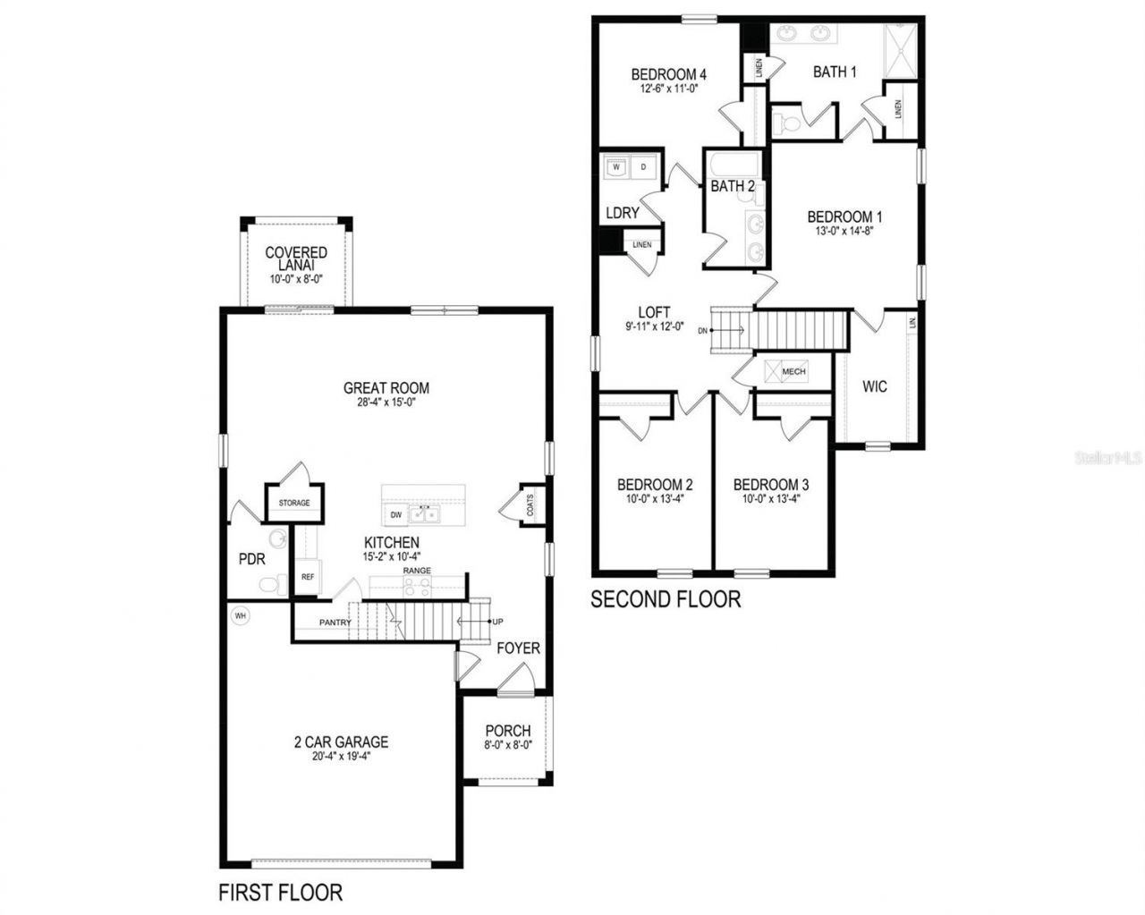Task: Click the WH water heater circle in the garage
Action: pos(239,615)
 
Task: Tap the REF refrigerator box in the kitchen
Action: pos(307,577)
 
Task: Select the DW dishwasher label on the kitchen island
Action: pos(395,515)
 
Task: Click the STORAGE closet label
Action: pos(293,503)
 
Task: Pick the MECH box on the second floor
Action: pos(793,371)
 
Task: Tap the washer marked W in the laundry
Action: pos(617,166)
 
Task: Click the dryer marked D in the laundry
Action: pos(643,166)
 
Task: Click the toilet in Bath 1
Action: pos(787,123)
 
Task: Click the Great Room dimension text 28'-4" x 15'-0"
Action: pos(386,402)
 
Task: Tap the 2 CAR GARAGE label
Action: pos(341,741)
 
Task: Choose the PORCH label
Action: pos(507,731)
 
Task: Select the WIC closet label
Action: pos(874,386)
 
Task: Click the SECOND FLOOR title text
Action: pos(666,598)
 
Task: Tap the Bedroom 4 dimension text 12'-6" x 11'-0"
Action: pos(668,89)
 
